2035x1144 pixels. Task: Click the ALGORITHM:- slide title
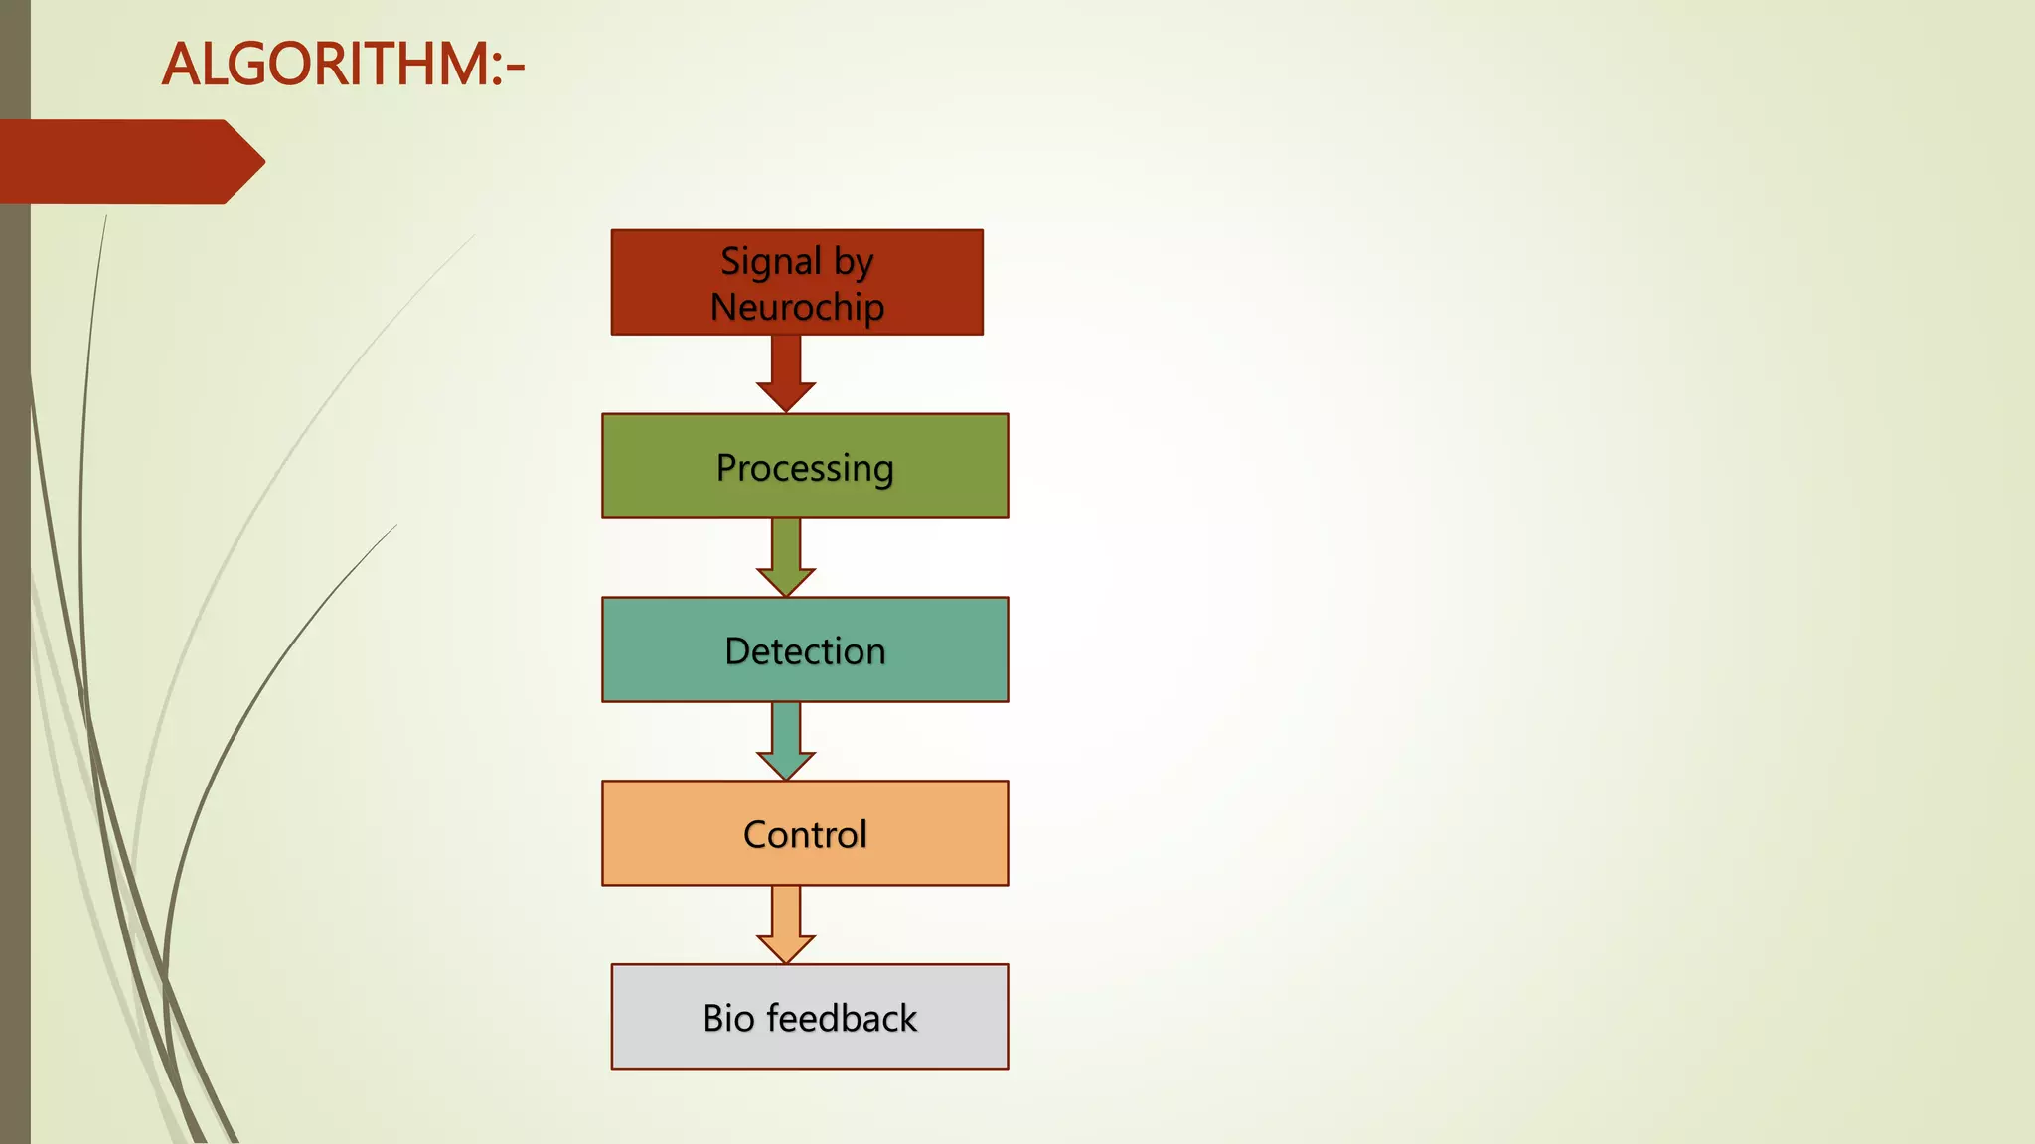pos(343,65)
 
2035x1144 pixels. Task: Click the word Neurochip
pos(797,307)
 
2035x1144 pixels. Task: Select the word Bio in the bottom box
pos(728,1018)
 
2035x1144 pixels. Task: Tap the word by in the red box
pos(854,262)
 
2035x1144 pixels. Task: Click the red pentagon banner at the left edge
pos(119,161)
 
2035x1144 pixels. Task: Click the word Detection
pos(805,650)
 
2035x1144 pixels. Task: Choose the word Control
pos(805,834)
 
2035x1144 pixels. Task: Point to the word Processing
pos(805,468)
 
